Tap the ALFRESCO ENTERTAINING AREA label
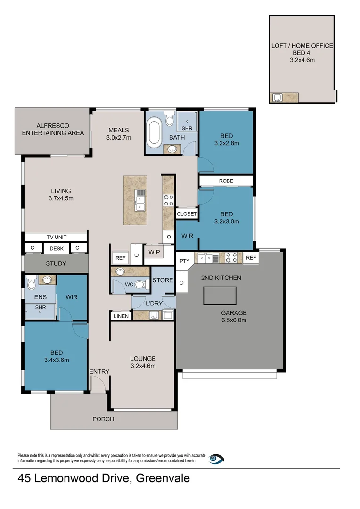click(53, 130)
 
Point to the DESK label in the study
click(57, 248)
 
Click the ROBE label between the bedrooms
click(226, 181)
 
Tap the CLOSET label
click(187, 214)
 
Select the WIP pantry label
click(154, 252)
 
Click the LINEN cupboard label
click(121, 316)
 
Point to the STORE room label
click(163, 280)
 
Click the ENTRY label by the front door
click(99, 371)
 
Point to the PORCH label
click(103, 419)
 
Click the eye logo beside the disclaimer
click(217, 458)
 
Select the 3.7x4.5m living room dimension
click(61, 198)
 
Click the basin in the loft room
click(277, 98)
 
